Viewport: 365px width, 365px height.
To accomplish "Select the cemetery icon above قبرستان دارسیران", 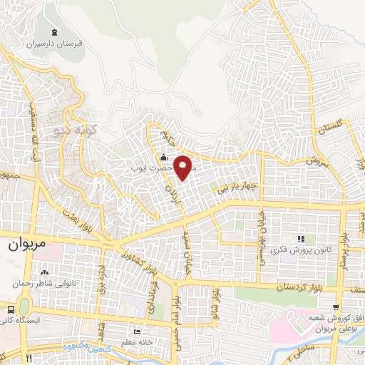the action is point(56,32).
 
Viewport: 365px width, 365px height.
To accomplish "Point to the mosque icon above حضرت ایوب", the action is point(164,158).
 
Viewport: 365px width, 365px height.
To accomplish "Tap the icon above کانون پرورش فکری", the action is point(301,239).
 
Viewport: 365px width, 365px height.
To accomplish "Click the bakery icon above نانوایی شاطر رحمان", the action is point(46,272).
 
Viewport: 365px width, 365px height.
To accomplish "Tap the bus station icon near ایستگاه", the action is point(11,310).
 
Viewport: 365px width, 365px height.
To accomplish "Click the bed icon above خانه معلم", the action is point(138,332).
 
